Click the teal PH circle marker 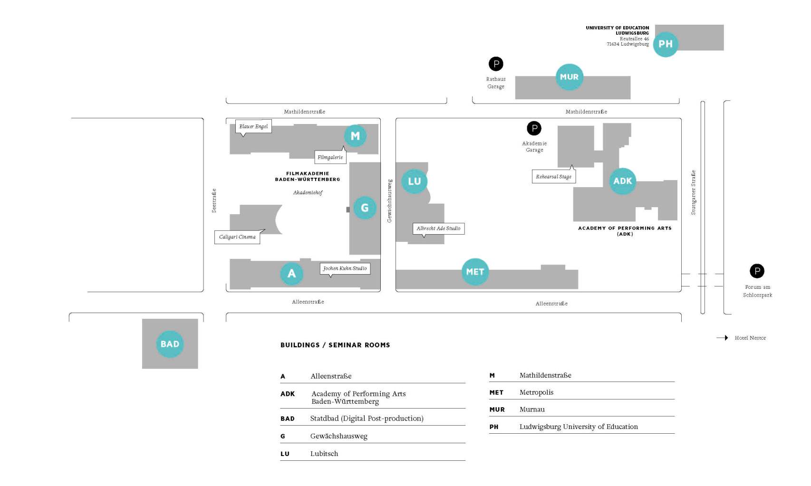point(666,44)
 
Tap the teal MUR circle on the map point(569,77)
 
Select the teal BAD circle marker point(170,344)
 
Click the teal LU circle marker point(414,181)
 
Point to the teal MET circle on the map point(475,272)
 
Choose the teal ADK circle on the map point(622,181)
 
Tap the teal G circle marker point(365,208)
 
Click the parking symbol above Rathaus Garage point(496,64)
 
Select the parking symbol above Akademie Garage point(534,128)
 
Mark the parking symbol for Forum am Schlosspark point(757,271)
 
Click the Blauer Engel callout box point(253,126)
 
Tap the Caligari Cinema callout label point(237,237)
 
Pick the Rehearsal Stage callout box point(553,177)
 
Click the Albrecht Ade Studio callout point(438,229)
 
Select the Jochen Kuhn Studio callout point(345,268)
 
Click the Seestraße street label point(214,200)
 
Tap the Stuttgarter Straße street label point(693,192)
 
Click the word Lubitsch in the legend point(324,454)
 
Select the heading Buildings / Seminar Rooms point(335,345)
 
